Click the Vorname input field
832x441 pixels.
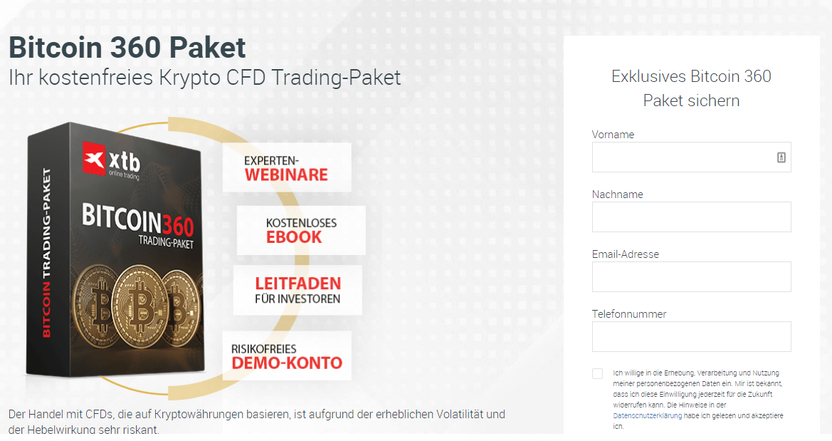tap(691, 157)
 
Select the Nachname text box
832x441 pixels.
tap(691, 217)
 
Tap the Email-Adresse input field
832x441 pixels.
tap(691, 277)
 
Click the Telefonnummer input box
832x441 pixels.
tap(691, 336)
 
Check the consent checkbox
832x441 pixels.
tap(597, 373)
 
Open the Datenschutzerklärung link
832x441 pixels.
tap(648, 416)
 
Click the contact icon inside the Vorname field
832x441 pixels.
tap(781, 157)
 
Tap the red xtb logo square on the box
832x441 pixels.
tap(94, 157)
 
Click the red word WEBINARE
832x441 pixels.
tap(286, 175)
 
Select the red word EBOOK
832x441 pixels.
tap(294, 237)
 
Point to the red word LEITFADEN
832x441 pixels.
tap(298, 284)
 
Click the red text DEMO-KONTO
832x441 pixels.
tap(287, 363)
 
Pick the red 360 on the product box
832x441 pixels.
tap(178, 224)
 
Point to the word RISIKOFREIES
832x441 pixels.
tap(264, 349)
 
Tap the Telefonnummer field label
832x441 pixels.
tap(629, 314)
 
